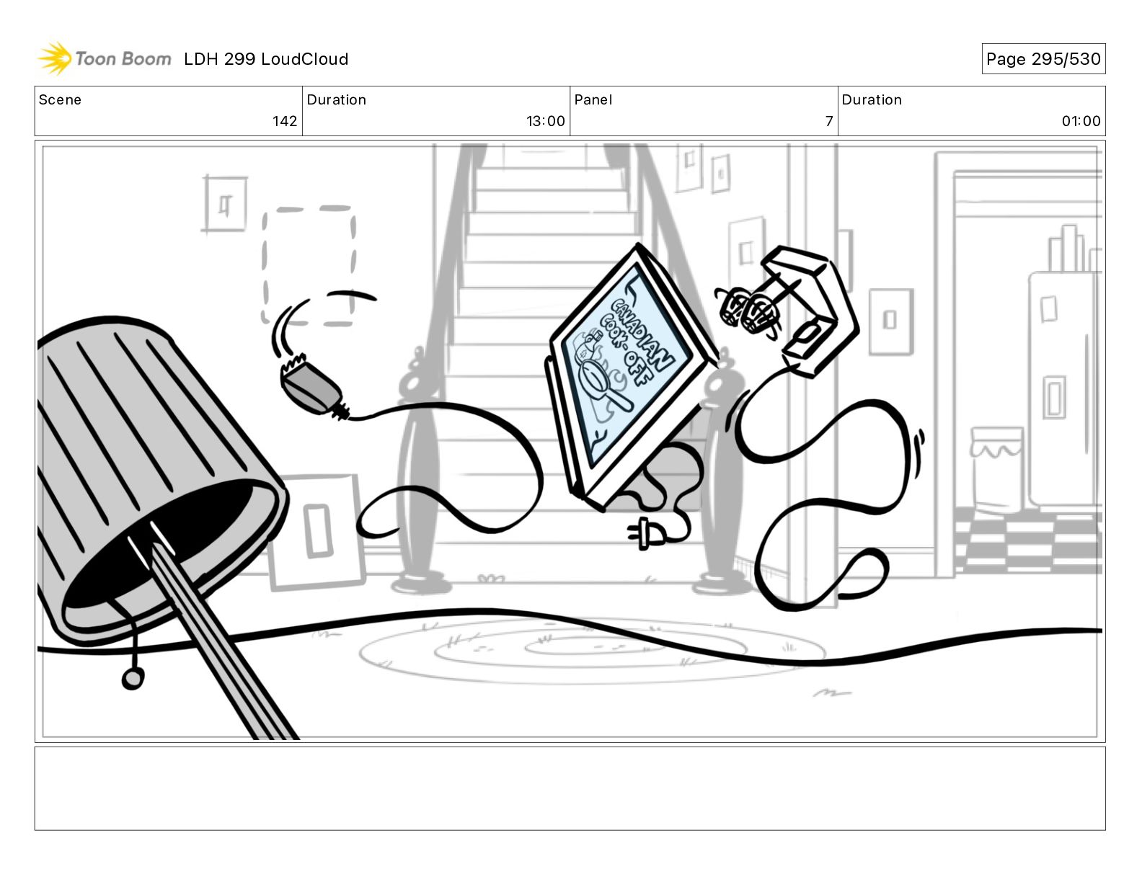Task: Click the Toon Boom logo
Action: click(105, 58)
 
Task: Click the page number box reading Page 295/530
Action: click(1043, 59)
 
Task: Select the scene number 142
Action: click(285, 121)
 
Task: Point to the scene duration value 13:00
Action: click(545, 121)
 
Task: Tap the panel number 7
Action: click(829, 121)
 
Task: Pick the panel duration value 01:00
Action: click(1081, 121)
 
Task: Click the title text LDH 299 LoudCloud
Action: click(266, 59)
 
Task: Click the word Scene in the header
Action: click(60, 100)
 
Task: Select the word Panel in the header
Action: click(593, 100)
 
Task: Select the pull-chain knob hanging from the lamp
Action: click(133, 678)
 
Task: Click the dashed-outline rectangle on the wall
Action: click(309, 265)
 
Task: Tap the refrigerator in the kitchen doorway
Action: click(1064, 389)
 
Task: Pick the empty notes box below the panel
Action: click(570, 788)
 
